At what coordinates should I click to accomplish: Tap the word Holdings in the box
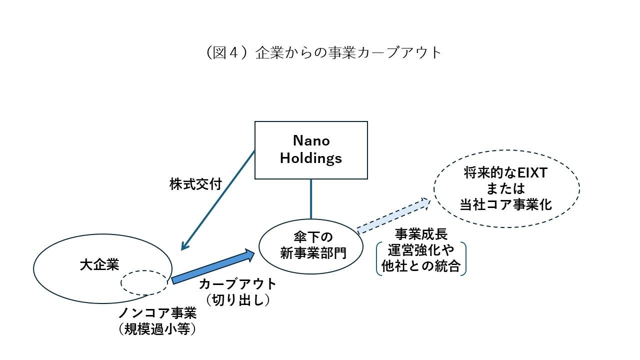click(x=311, y=158)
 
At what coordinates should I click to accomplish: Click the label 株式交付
click(x=195, y=184)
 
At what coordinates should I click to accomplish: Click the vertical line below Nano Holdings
click(x=311, y=198)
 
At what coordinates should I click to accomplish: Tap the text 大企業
click(x=99, y=264)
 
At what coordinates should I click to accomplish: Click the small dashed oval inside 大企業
click(x=144, y=283)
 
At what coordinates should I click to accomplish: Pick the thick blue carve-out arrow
click(x=212, y=266)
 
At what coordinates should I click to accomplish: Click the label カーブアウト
click(x=237, y=284)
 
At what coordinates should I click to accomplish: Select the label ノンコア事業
click(x=157, y=313)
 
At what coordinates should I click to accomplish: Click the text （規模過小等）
click(x=157, y=329)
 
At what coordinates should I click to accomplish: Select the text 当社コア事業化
click(x=506, y=205)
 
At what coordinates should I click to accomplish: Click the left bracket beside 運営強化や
click(x=378, y=258)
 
